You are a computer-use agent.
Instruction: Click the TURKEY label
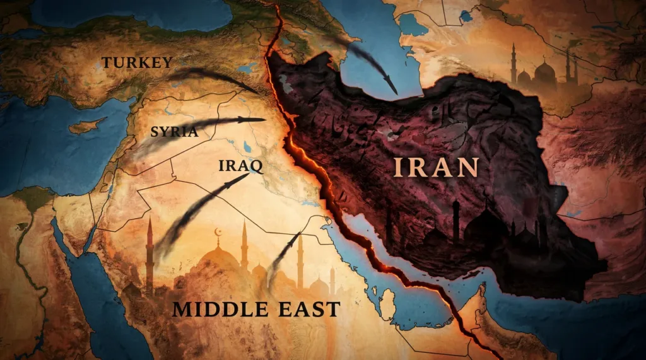137,62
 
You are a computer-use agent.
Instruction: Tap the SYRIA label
174,132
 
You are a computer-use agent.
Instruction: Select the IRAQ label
240,166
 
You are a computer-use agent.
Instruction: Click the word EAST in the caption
310,310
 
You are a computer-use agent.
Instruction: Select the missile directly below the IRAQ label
230,186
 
